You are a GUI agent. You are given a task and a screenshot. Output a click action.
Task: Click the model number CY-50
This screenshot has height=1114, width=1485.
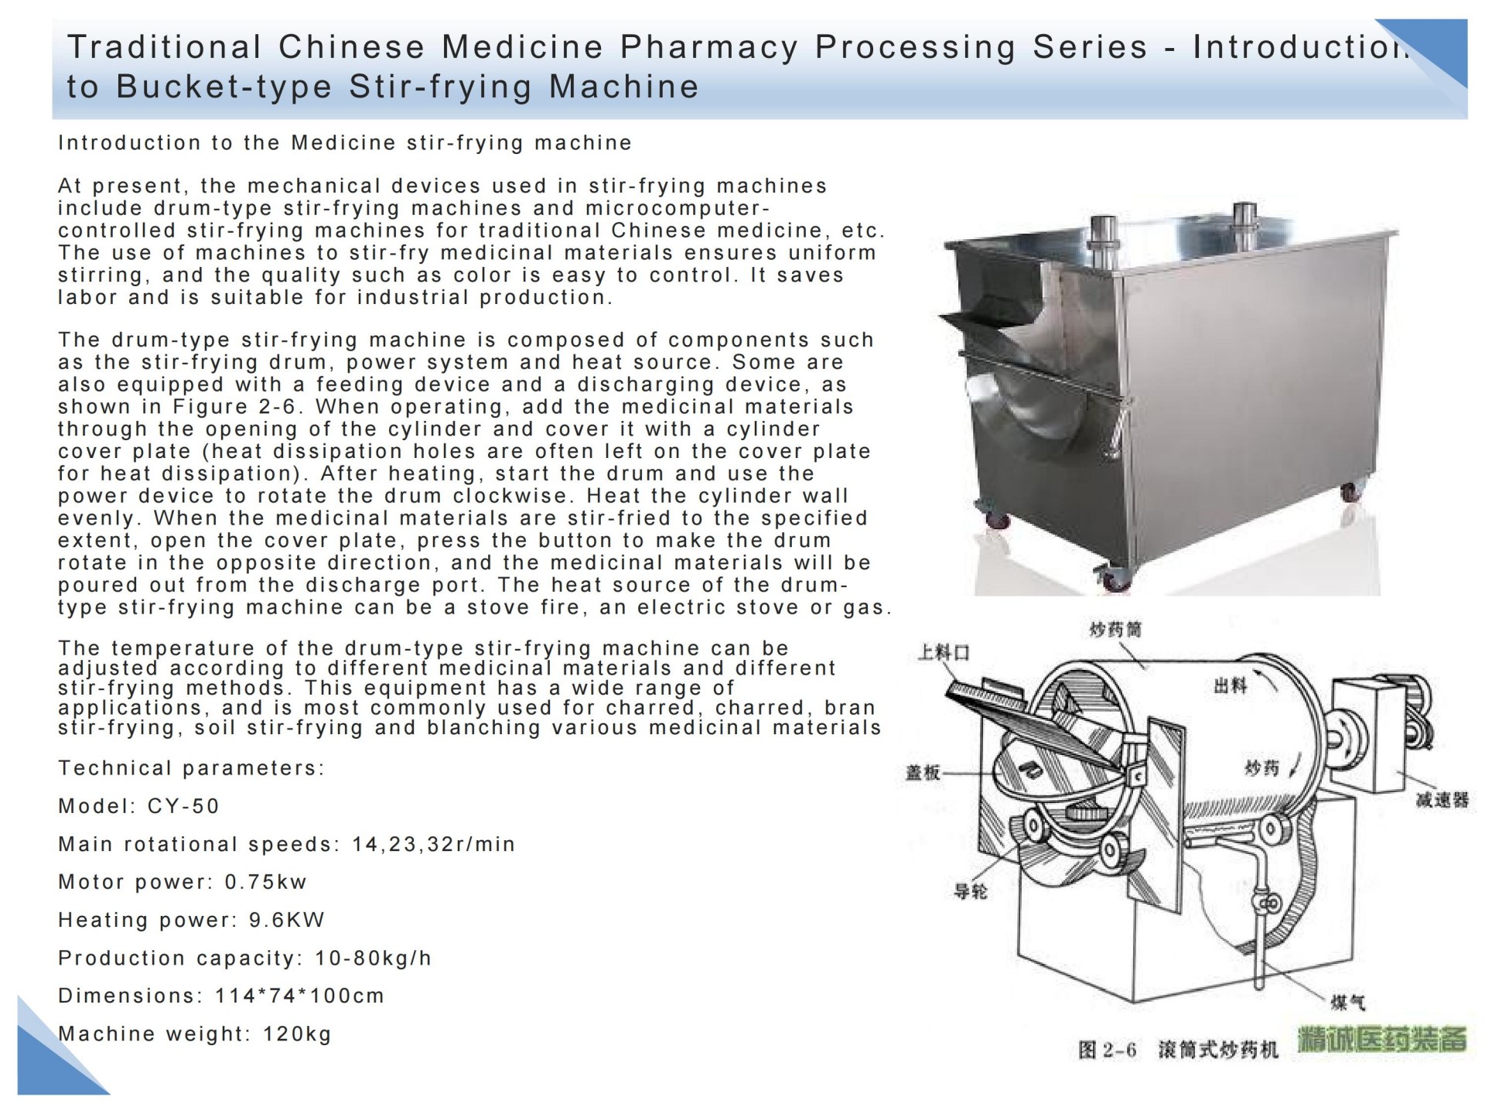pos(183,806)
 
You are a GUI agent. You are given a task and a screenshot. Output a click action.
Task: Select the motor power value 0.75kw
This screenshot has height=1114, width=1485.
pos(266,882)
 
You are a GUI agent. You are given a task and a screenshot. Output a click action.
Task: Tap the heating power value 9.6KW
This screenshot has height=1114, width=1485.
pos(286,920)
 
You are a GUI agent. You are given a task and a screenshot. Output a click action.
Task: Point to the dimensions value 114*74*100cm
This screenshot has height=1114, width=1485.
pos(299,996)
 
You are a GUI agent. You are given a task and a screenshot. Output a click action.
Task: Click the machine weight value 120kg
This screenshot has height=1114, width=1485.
pos(297,1034)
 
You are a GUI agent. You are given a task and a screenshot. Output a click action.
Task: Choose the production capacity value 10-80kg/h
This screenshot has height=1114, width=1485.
pos(373,958)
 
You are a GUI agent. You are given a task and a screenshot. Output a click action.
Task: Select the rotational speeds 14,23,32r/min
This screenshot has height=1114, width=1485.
pos(433,844)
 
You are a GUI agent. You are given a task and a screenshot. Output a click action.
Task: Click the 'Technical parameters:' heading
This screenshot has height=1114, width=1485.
pos(191,768)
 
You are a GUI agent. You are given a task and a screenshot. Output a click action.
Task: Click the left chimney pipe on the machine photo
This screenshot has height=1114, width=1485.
pos(1101,232)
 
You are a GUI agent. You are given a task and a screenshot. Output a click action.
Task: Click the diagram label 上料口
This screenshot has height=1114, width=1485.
pos(944,653)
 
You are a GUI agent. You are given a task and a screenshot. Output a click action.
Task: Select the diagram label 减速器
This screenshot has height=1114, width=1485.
pos(1442,800)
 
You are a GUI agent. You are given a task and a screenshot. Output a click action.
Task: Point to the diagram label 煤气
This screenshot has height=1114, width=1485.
pos(1348,1003)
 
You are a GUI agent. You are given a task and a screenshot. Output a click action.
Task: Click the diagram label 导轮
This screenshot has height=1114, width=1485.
pos(971,891)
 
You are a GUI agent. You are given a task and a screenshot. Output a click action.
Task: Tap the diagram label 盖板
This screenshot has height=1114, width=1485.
pos(923,772)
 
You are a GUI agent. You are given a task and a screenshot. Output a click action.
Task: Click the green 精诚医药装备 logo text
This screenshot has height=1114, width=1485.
pos(1383,1040)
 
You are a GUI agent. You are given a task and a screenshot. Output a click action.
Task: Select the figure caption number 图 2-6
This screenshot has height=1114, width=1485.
pos(1108,1050)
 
